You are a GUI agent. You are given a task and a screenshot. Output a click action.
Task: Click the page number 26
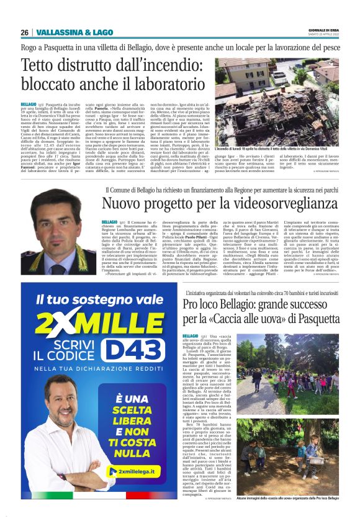coord(24,32)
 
